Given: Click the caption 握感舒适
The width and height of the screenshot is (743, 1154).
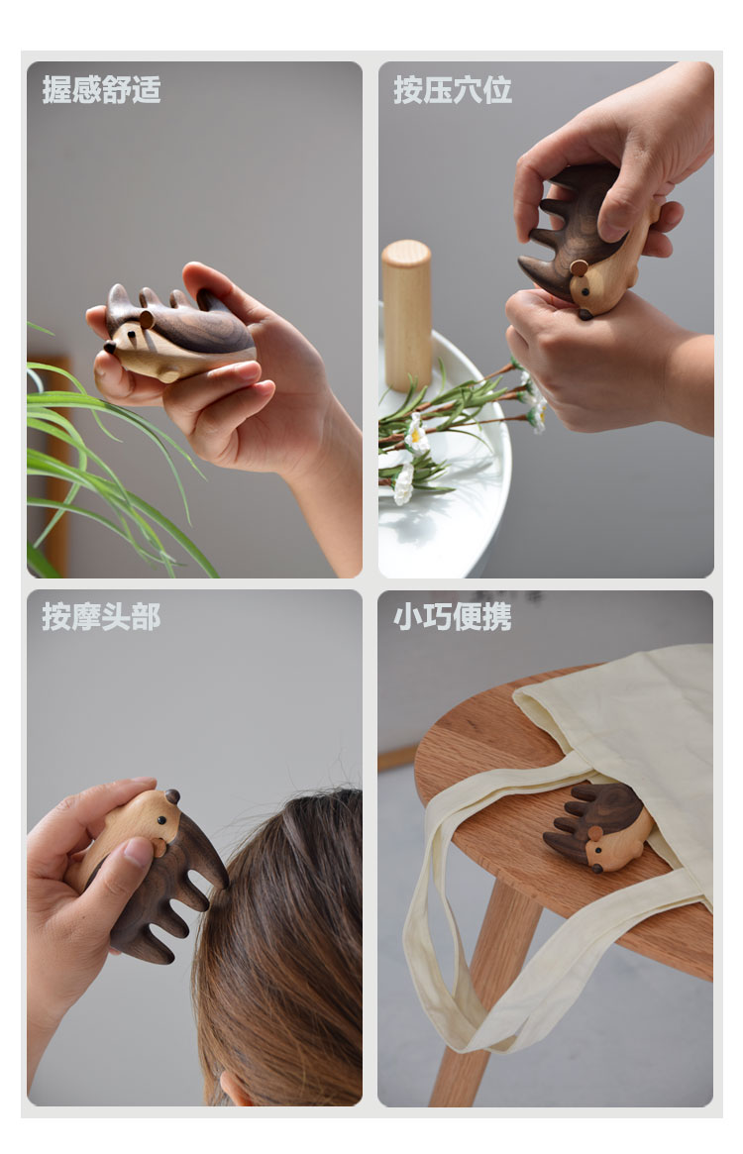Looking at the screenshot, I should click(101, 90).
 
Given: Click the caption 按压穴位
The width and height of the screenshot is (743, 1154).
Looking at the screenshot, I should click(453, 90).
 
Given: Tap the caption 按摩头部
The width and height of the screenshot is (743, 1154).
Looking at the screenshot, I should click(101, 617).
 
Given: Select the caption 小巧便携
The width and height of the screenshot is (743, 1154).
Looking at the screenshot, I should click(453, 617).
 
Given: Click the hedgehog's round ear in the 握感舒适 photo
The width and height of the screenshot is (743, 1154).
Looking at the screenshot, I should click(148, 318).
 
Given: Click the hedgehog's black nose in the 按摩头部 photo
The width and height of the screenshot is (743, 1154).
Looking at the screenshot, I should click(172, 794).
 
